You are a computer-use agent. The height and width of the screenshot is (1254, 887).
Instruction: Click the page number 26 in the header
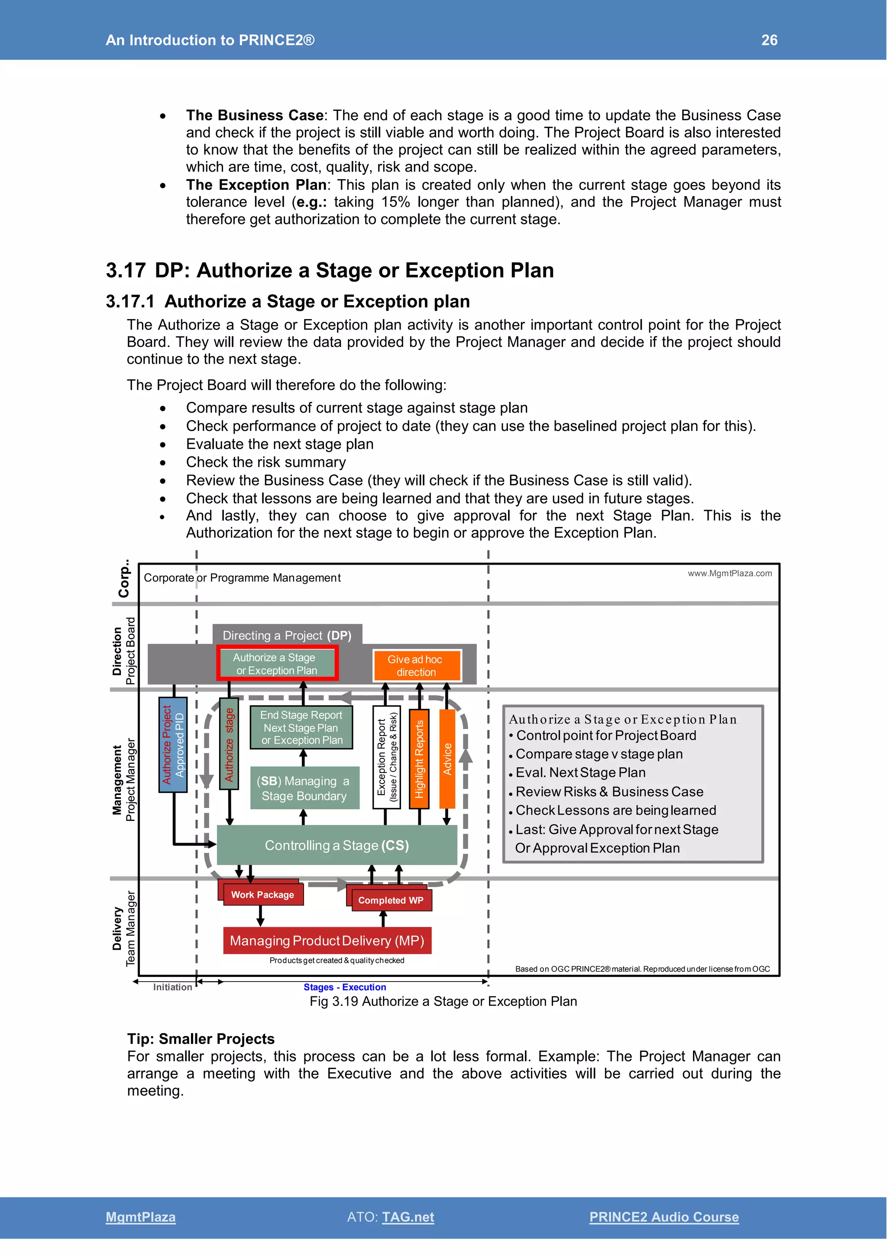coord(769,40)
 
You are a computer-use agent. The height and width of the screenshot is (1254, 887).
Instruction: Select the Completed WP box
coord(391,900)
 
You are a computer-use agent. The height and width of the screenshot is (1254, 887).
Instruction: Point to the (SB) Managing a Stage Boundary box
coord(304,788)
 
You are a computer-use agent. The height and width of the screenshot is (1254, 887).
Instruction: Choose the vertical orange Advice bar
coord(447,759)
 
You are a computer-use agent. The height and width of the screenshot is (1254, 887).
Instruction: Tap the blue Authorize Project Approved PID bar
coord(173,744)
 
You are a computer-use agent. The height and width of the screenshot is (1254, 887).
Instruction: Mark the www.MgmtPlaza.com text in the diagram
coord(729,573)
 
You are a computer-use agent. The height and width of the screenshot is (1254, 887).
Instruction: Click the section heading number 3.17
coord(126,270)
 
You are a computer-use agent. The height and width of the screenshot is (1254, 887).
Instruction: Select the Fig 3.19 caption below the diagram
coord(443,1001)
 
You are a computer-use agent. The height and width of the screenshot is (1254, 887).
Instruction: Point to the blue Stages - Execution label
coord(345,987)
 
